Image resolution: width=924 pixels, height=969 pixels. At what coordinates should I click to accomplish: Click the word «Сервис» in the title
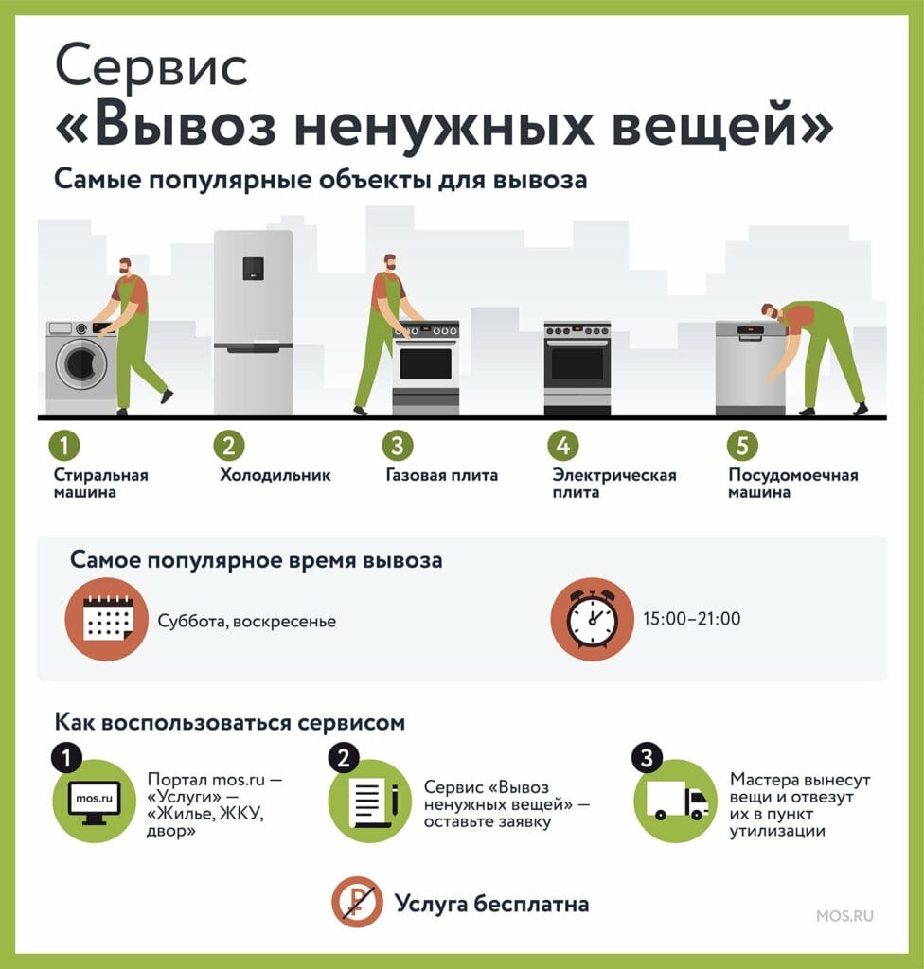point(151,66)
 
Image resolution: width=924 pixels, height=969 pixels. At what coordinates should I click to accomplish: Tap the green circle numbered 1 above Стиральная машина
point(64,445)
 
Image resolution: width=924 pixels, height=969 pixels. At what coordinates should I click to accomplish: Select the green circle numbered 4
point(562,445)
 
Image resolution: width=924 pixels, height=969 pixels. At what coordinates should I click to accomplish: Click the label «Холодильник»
point(275,475)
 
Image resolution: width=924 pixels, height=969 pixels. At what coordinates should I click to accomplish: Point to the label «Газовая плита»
point(441,475)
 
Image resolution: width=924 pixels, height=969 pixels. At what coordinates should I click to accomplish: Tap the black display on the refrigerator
point(253,268)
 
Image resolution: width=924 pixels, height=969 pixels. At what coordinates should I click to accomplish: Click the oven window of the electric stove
point(577,363)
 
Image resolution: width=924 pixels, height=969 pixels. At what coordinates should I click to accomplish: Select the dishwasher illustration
point(750,368)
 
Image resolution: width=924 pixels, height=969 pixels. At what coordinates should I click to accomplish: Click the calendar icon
point(107,619)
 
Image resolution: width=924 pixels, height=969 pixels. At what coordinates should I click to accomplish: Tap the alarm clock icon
point(593,619)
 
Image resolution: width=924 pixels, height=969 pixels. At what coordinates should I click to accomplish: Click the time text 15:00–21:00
point(691,619)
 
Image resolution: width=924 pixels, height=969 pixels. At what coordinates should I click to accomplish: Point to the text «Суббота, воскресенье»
point(247,621)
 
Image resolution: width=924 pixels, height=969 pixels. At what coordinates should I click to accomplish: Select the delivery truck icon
point(677,801)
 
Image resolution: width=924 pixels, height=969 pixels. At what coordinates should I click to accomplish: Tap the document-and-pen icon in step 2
point(371,802)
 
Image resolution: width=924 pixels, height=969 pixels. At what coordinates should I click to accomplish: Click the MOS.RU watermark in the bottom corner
point(844,915)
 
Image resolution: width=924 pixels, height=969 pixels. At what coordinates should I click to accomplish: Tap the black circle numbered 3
point(647,758)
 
